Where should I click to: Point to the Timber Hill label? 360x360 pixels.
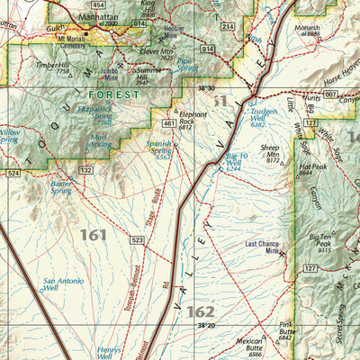pos(51,65)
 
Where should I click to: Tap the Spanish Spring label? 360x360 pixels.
pos(159,148)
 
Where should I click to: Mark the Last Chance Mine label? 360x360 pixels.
pos(263,247)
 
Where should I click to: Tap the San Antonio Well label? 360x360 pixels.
pos(63,285)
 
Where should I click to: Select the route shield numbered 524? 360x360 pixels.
pos(12,171)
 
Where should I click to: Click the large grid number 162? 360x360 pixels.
pos(201,311)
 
